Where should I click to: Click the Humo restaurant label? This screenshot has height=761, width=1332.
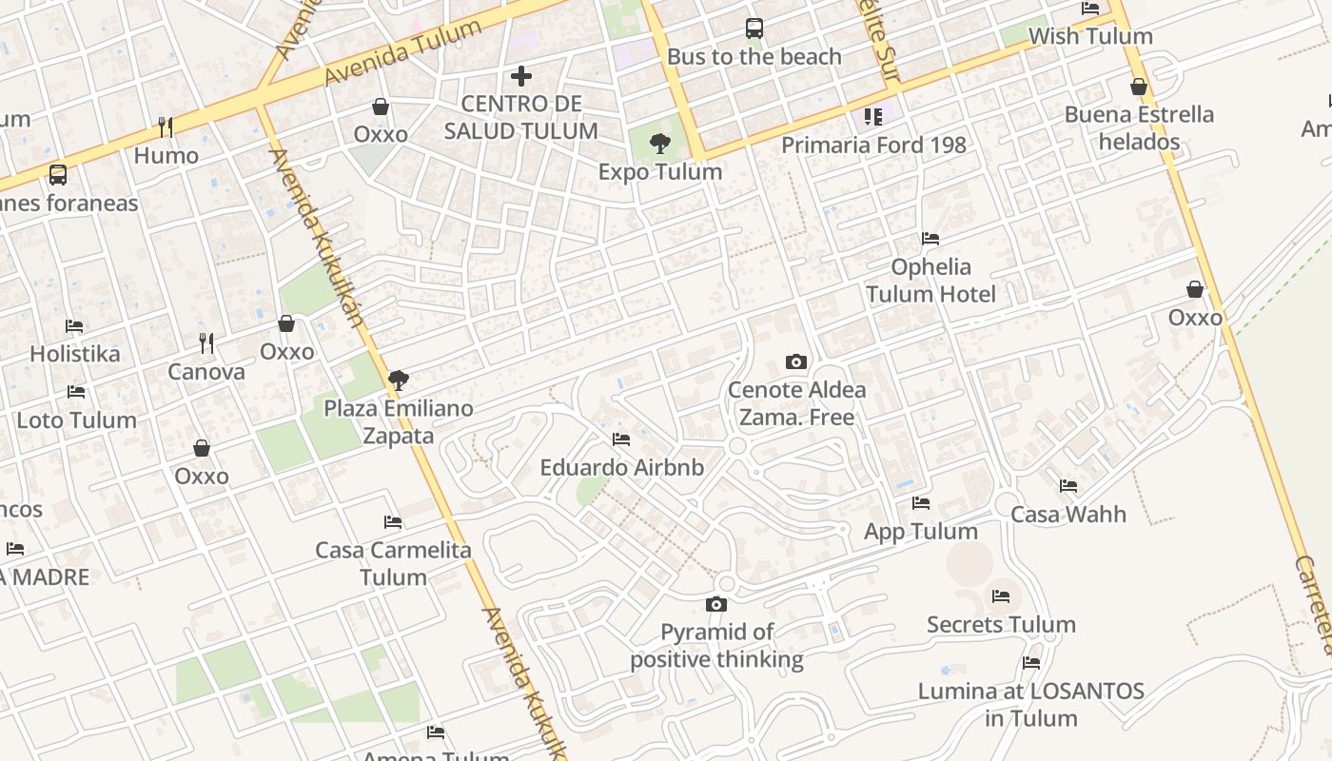pos(166,155)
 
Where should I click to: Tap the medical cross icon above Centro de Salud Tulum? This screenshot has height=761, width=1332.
pos(521,76)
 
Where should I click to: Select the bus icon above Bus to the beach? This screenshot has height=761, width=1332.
pos(754,29)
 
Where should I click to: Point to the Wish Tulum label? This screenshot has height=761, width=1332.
pos(1090,36)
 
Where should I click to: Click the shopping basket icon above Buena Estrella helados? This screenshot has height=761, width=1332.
pos(1139,87)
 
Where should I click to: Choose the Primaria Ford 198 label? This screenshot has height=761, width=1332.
pos(873,145)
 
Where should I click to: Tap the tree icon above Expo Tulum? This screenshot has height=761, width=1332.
pos(659,145)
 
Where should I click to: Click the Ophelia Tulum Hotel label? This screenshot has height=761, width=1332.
pos(931,280)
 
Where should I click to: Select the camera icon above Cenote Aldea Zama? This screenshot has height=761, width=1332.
pos(796,361)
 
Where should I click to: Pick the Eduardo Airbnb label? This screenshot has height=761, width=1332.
pos(622,467)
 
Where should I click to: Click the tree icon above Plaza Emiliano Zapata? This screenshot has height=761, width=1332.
pos(399,380)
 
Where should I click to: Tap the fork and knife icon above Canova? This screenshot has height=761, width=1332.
pos(206,342)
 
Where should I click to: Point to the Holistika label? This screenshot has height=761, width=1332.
pos(75,354)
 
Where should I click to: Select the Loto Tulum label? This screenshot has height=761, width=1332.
pos(76,420)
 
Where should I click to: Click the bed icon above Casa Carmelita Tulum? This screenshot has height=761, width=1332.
pos(393,522)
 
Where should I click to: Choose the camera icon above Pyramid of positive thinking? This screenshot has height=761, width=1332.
pos(716,604)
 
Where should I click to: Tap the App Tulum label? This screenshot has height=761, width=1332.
pos(920,531)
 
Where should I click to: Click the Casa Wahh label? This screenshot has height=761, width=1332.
pos(1068,514)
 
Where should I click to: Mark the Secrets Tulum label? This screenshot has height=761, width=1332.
pos(1001,624)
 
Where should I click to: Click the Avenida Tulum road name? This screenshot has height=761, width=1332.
pos(403,51)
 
